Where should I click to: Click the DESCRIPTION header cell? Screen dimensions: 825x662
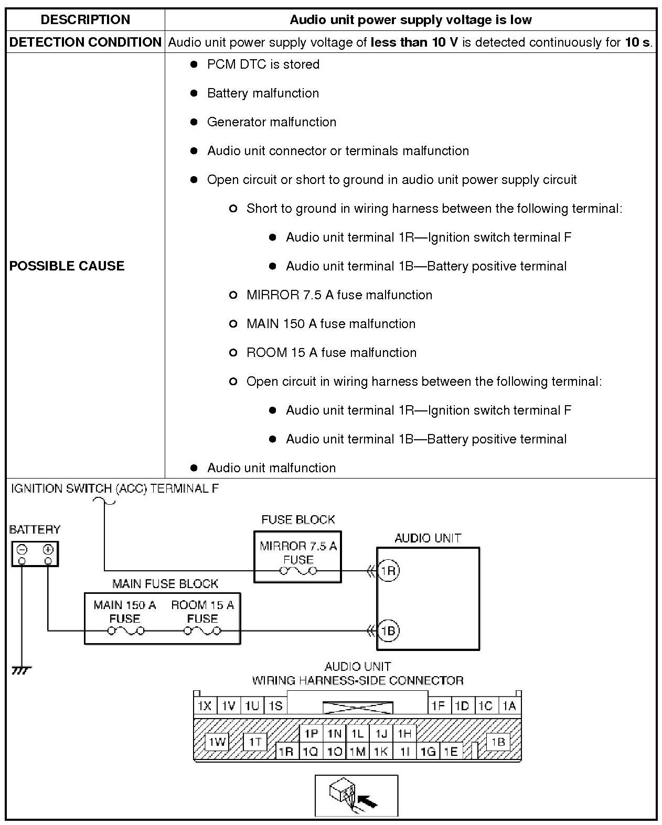point(85,20)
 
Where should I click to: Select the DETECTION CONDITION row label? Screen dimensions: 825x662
point(85,42)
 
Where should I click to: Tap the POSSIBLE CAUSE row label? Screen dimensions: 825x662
point(67,266)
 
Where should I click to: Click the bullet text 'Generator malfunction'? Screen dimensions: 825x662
point(271,122)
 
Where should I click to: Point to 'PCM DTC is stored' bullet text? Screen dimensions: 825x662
point(263,64)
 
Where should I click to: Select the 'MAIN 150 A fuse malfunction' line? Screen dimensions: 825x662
point(330,324)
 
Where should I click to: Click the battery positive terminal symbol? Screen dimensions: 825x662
point(48,550)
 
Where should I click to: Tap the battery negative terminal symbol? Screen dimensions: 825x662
point(22,550)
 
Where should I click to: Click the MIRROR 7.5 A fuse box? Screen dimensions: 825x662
point(297,557)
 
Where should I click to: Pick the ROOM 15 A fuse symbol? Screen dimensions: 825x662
point(202,631)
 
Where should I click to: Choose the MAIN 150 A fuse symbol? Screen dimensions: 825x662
point(125,631)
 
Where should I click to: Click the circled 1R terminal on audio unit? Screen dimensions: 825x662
point(388,571)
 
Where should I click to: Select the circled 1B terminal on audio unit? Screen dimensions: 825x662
point(388,631)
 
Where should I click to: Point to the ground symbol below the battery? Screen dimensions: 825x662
point(22,670)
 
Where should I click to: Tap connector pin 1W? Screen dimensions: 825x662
point(216,742)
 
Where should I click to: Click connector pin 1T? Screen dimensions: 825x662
point(255,742)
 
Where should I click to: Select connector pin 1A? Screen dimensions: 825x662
point(509,706)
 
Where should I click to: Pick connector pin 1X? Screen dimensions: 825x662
point(204,706)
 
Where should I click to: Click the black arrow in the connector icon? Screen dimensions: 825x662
point(368,801)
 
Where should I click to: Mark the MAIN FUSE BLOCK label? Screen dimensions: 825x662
point(165,584)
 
